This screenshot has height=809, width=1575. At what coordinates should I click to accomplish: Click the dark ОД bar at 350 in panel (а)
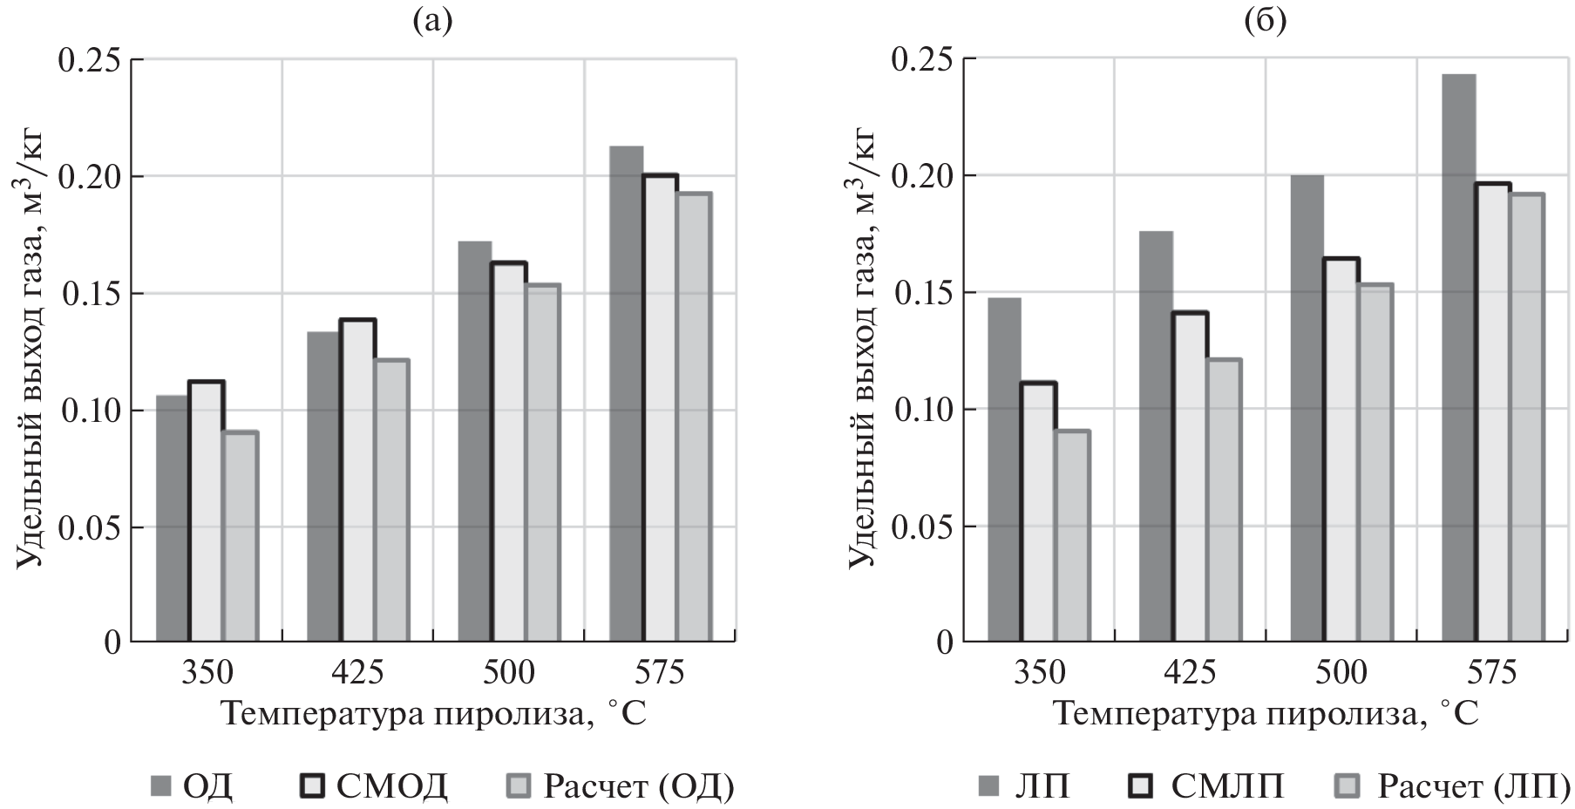172,519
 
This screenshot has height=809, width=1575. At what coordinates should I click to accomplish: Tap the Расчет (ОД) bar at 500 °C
542,463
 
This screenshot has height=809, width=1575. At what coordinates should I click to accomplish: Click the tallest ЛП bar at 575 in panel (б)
1458,358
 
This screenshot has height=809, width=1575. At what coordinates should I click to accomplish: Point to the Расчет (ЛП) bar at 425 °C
1224,500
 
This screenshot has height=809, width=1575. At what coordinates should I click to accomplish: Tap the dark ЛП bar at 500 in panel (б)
1307,409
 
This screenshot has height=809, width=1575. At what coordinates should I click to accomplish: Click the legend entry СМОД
375,786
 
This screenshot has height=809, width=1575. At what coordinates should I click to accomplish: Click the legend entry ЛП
1025,786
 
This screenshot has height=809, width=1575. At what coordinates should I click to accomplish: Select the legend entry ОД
192,786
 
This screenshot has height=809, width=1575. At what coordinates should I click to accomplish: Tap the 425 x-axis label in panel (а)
357,674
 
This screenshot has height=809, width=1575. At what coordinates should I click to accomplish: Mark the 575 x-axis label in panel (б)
1491,674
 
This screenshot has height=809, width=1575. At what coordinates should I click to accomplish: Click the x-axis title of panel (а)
433,714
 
